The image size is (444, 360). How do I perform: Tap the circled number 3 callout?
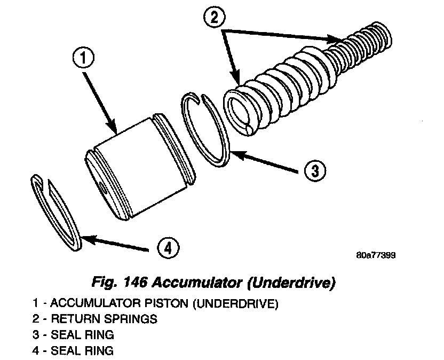(315, 170)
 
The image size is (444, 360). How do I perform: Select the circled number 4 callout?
(168, 248)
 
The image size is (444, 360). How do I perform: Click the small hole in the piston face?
(103, 187)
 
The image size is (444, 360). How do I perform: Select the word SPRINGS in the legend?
(133, 320)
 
